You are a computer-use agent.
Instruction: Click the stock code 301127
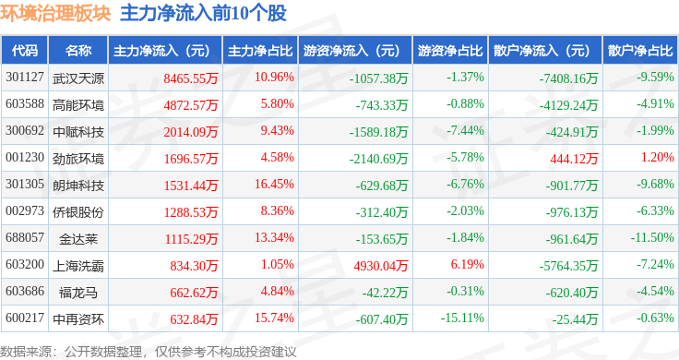click(25, 78)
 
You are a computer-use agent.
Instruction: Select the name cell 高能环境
click(78, 105)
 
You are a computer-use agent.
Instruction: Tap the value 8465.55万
click(191, 78)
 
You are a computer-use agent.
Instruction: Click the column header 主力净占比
click(260, 51)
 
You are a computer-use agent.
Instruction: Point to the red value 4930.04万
click(381, 266)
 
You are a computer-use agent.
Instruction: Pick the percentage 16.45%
click(274, 184)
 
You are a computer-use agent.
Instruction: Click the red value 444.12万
click(574, 159)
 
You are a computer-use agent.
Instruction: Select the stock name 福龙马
click(78, 293)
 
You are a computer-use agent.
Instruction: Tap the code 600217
click(25, 318)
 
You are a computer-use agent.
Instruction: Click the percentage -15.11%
click(462, 318)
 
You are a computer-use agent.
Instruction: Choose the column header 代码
click(25, 51)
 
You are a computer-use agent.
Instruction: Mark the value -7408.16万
click(568, 78)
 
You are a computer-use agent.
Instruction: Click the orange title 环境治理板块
click(55, 14)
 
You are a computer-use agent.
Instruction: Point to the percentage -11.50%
click(652, 238)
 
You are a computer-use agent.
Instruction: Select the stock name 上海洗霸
click(78, 266)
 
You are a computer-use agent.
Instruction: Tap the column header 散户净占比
click(640, 51)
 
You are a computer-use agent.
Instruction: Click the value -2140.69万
click(378, 159)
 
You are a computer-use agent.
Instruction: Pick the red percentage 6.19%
click(467, 265)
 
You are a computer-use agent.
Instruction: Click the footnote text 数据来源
click(26, 352)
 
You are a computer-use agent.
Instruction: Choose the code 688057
click(25, 238)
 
